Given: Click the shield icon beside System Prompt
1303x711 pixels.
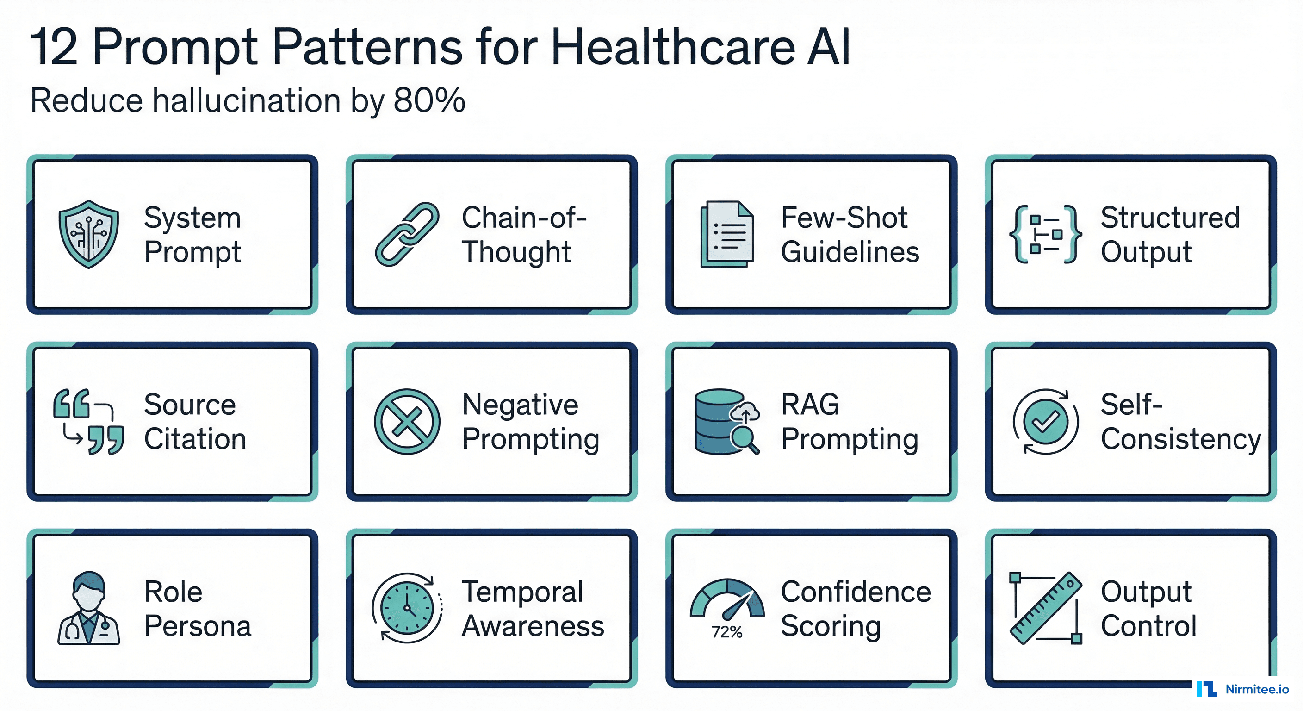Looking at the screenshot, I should pos(88,234).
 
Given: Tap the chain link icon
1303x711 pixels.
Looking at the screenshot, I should pos(407,234).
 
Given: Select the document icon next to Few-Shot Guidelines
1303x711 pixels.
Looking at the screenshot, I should pos(726,234).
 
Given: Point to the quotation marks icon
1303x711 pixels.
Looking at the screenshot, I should pos(88,422).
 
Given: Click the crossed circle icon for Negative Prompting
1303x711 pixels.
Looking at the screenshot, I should pos(407,422).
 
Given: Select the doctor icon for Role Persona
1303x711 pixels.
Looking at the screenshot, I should pos(88,608).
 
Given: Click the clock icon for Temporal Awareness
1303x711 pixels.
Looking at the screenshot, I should pos(407,607).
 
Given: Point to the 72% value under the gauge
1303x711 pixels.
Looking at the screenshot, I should pos(727,632).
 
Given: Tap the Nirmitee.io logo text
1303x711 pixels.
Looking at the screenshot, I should pos(1257,689).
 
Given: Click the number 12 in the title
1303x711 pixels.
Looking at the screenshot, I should pos(54,47).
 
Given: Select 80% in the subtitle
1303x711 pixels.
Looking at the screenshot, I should pos(429,100).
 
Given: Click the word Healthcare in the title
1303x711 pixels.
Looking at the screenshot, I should pos(673,47).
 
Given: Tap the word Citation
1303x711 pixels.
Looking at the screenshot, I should pos(195,439).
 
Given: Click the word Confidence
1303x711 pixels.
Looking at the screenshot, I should pos(856,592).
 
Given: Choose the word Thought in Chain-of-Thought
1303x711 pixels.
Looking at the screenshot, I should pos(516,252).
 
